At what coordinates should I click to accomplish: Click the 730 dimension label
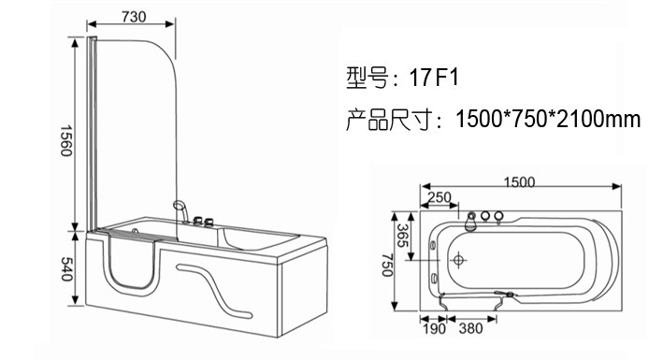(134, 17)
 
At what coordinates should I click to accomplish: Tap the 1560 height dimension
(65, 140)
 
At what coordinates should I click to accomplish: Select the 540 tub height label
(66, 269)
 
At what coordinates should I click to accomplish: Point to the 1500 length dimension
(519, 182)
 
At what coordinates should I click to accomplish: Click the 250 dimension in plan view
(440, 197)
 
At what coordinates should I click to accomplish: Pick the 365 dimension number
(402, 236)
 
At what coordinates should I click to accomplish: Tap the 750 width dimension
(387, 266)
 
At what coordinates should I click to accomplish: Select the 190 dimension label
(434, 329)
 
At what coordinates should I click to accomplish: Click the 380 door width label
(470, 328)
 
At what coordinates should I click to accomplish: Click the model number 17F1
(434, 78)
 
